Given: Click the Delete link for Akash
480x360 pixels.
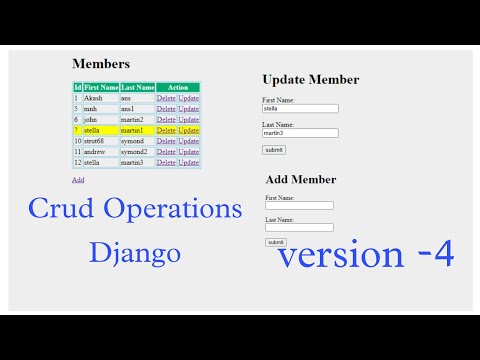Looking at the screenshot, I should coord(166,98).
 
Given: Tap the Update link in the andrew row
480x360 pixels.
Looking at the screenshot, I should coord(189,152).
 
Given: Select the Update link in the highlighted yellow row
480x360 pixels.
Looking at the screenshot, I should coord(189,130).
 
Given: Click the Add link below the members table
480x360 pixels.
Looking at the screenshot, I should coord(78,180).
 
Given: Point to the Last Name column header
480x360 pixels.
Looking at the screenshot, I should coord(138,88).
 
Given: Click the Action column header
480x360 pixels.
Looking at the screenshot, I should coord(178,88).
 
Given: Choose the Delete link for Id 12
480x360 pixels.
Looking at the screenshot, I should coord(166,163).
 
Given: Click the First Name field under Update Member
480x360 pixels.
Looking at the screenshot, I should coord(300,109).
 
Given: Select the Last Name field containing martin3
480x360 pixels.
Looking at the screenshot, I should coord(300,132).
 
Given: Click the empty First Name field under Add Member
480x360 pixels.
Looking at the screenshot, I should coord(299,205).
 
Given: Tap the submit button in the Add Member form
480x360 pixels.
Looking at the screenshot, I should coord(276,242).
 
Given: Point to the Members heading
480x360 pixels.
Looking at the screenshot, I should coord(101,64).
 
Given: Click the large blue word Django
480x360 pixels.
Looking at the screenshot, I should coord(135,252).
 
